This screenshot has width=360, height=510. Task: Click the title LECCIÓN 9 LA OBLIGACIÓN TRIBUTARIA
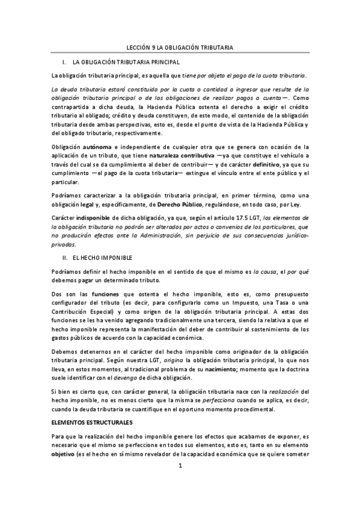click(183, 46)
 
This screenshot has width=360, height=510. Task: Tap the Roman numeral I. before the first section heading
click(64, 62)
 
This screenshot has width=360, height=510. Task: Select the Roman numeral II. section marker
click(65, 258)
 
